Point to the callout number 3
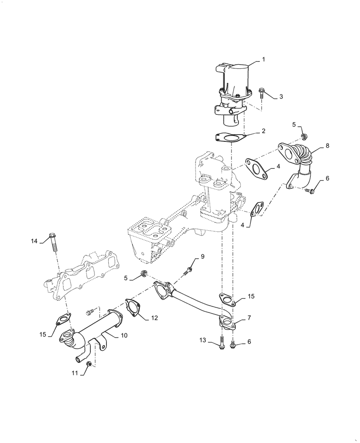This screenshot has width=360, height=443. (x=281, y=96)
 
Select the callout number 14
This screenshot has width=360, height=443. (x=35, y=241)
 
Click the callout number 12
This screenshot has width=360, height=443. (x=154, y=317)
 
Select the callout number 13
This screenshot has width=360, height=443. (x=203, y=340)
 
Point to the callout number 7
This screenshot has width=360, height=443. (x=250, y=318)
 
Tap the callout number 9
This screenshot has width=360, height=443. (x=203, y=256)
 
